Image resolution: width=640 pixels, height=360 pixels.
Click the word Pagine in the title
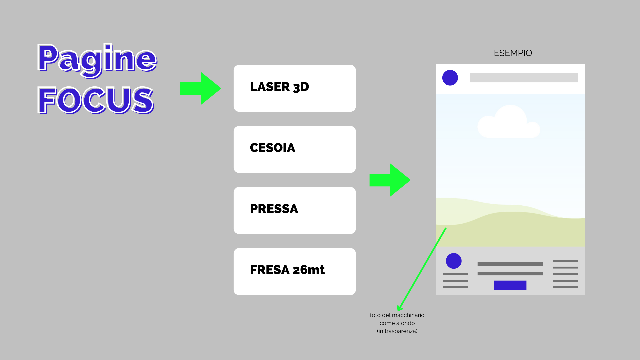coord(97,59)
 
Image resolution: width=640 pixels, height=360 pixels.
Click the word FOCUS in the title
coord(96,100)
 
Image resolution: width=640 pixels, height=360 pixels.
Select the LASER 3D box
coord(294,88)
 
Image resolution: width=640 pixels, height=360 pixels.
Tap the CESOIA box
coord(294,149)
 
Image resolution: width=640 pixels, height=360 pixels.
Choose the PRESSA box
coord(294,210)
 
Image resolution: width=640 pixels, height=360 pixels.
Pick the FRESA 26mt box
coord(294,271)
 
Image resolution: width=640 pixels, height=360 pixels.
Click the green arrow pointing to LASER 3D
coord(200,88)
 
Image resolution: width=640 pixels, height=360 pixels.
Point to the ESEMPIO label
coord(513,53)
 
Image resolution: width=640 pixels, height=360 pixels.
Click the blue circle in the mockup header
coord(450,78)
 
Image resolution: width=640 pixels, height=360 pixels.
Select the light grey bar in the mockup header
coord(524,78)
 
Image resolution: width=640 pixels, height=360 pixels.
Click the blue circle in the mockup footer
coord(454,261)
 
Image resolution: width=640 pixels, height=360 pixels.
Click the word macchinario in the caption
coord(408,315)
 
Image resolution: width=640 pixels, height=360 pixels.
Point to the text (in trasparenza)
coord(397,331)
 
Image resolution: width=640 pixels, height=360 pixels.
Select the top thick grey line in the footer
coord(510,264)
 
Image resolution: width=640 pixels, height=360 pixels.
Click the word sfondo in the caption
coord(406,323)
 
